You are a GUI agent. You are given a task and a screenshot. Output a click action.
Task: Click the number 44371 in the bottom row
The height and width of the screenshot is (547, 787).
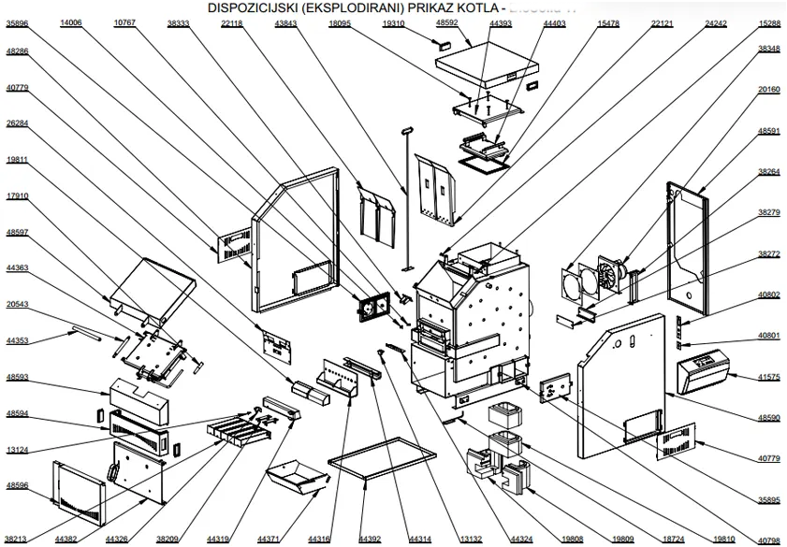tap(269, 539)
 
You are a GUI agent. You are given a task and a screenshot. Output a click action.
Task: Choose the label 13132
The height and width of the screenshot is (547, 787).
tap(471, 539)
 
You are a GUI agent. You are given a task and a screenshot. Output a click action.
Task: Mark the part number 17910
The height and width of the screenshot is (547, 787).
tap(18, 196)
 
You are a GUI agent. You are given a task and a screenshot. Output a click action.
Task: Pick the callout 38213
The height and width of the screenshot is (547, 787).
tap(18, 539)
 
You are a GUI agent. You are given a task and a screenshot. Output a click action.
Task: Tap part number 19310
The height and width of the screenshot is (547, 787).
tap(394, 22)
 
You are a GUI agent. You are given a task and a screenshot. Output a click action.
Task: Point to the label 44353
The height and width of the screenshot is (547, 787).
tap(18, 341)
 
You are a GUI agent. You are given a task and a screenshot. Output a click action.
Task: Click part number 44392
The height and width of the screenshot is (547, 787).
tap(370, 539)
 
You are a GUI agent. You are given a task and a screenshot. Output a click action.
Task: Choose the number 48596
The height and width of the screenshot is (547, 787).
tap(18, 485)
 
